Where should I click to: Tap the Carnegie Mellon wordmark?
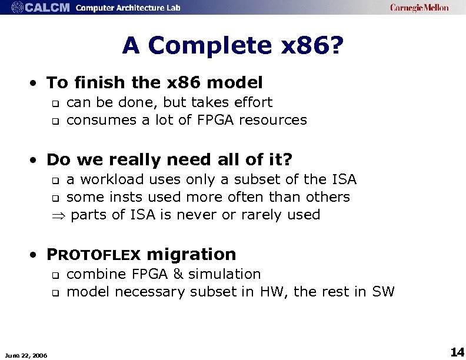419,8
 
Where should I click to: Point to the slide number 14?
457,352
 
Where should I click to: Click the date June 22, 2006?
26,354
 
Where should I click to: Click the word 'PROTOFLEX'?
94,255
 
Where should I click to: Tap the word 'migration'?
191,254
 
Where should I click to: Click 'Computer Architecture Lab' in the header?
128,8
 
